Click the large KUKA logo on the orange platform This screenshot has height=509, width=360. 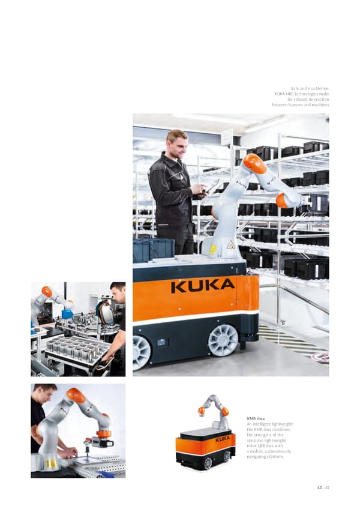pyautogui.click(x=203, y=286)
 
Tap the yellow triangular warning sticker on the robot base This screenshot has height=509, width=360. pyautogui.click(x=231, y=245)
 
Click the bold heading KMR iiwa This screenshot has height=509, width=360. pyautogui.click(x=256, y=418)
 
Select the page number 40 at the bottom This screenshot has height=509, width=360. pyautogui.click(x=320, y=487)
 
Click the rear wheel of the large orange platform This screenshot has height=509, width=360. pyautogui.click(x=223, y=340)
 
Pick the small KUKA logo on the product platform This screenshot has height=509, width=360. pyautogui.click(x=223, y=439)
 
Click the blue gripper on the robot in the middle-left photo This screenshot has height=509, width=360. pyautogui.click(x=67, y=313)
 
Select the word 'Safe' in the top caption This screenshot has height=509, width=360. pyautogui.click(x=295, y=88)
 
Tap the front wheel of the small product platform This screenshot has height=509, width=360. pyautogui.click(x=208, y=463)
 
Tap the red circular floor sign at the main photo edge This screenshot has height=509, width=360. pyautogui.click(x=321, y=357)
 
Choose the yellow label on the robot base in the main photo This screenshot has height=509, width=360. pyautogui.click(x=212, y=250)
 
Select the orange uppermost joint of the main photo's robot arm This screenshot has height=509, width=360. pyautogui.click(x=255, y=163)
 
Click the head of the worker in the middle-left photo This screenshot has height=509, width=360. pyautogui.click(x=118, y=292)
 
